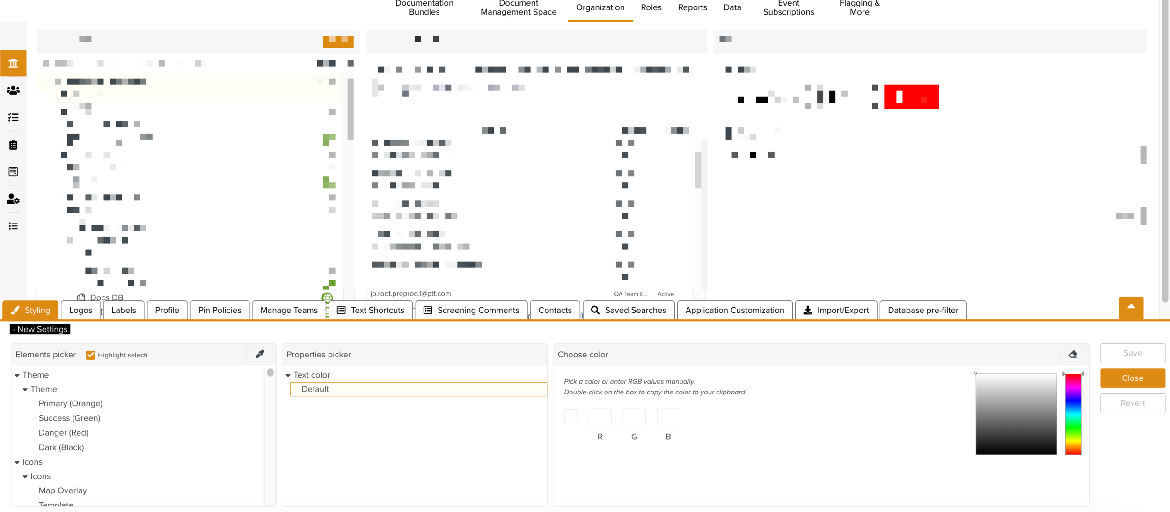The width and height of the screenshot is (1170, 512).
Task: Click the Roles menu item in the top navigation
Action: point(651,7)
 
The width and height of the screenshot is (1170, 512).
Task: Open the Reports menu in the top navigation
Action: point(692,7)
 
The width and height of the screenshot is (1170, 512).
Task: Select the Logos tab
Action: point(80,310)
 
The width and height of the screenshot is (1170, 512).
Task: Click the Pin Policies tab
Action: point(219,310)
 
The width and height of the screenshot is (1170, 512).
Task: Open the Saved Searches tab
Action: point(629,310)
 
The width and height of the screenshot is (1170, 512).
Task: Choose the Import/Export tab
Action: point(836,310)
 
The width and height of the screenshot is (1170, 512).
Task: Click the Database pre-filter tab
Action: point(922,310)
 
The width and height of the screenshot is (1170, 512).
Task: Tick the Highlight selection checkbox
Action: point(90,355)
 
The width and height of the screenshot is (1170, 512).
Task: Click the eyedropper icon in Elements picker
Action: point(260,355)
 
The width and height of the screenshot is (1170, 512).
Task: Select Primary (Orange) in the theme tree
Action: point(70,403)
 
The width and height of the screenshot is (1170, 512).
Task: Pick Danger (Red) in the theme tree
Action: point(63,433)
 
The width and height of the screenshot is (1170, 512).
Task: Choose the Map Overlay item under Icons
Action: point(63,490)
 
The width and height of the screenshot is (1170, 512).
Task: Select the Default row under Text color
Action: point(418,389)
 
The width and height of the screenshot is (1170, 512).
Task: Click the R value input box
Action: point(600,416)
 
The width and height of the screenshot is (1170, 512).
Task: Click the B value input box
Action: point(668,416)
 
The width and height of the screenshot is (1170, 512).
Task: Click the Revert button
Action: point(1132,403)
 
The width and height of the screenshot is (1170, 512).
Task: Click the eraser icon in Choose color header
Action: point(1073,355)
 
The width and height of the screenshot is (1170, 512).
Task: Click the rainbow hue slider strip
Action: point(1073,414)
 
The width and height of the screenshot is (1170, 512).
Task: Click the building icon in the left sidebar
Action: point(13,63)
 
